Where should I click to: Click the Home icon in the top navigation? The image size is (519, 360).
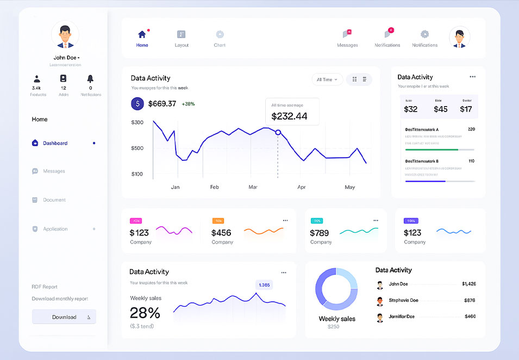(142, 35)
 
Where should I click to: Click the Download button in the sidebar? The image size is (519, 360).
(64, 317)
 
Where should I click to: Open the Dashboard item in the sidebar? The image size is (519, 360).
(55, 143)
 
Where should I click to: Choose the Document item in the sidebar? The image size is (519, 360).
(54, 200)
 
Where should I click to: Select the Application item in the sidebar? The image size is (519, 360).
(55, 229)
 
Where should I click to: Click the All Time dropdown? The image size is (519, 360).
(327, 79)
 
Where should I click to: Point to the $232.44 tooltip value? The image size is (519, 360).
(289, 116)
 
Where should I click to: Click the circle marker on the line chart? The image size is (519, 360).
(278, 132)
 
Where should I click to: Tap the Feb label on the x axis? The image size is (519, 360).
(215, 187)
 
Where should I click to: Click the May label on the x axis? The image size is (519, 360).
(349, 187)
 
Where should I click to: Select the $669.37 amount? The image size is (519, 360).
(162, 103)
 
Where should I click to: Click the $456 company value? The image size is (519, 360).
(221, 233)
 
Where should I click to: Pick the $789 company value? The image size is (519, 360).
(320, 233)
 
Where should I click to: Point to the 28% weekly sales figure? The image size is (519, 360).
(145, 313)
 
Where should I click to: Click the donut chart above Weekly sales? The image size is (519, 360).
(336, 289)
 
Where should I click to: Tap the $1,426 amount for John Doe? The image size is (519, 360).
(468, 284)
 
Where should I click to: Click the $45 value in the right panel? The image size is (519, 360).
(440, 109)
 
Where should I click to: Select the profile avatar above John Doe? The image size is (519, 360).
(65, 35)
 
